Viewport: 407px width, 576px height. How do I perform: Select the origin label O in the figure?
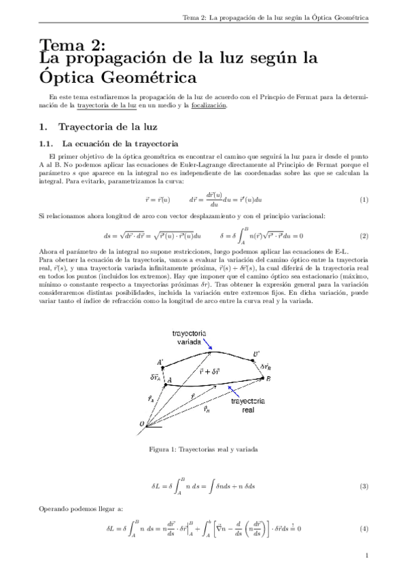pyautogui.click(x=143, y=425)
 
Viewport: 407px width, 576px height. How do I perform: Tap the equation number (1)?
pyautogui.click(x=364, y=200)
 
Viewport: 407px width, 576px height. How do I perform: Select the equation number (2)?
pyautogui.click(x=364, y=236)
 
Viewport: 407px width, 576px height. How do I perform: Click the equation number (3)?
pyautogui.click(x=364, y=486)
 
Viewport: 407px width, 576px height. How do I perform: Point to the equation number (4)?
pyautogui.click(x=364, y=528)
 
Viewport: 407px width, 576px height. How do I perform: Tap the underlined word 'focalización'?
pyautogui.click(x=209, y=105)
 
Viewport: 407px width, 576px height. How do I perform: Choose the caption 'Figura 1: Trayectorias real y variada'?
pyautogui.click(x=203, y=449)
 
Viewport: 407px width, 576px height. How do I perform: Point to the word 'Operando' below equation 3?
pyautogui.click(x=54, y=508)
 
